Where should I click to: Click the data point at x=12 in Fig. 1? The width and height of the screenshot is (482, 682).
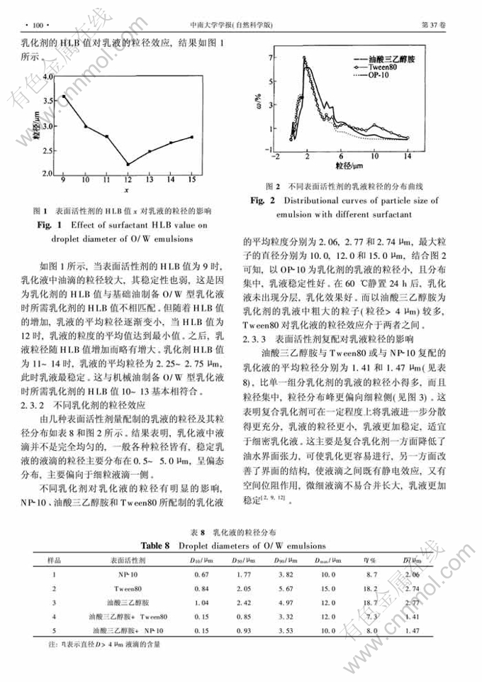point(128,165)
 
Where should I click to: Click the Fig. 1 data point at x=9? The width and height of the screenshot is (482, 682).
point(64,96)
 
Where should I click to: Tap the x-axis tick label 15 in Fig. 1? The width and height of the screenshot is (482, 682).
point(191,182)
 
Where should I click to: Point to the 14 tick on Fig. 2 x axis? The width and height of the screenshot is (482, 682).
point(407,155)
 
